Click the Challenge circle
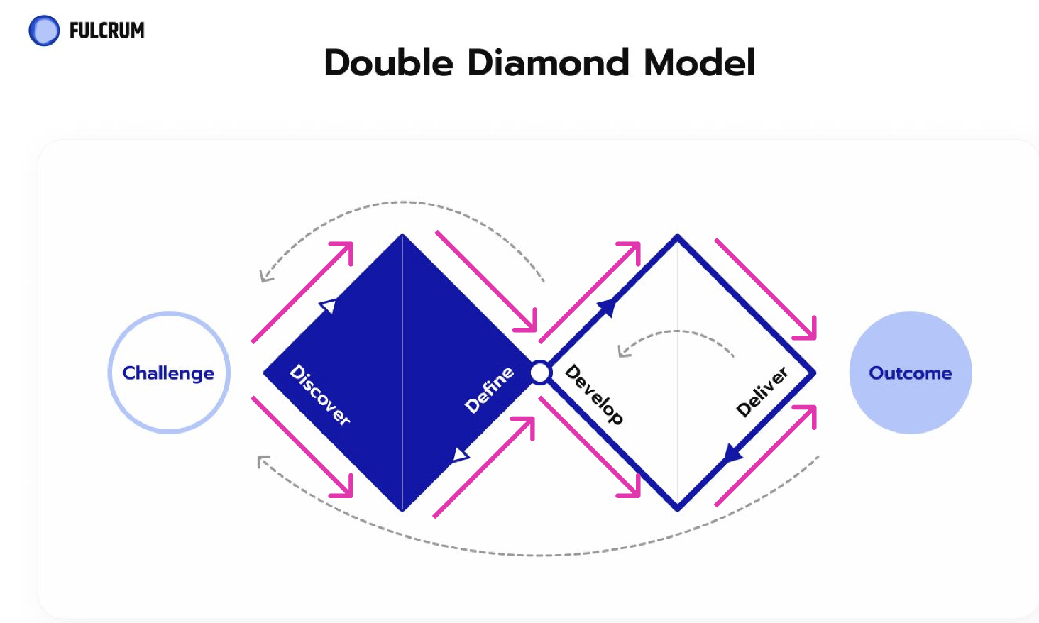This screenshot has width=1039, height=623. tap(169, 373)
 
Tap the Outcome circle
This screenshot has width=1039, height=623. tap(910, 373)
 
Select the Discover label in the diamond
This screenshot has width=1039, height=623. tap(320, 395)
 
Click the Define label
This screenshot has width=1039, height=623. tap(488, 390)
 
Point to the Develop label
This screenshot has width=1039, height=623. tap(593, 395)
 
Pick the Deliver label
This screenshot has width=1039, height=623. tap(762, 391)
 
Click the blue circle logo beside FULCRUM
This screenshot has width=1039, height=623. tap(44, 31)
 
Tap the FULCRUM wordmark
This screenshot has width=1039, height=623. tap(106, 31)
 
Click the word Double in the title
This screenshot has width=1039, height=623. tap(388, 62)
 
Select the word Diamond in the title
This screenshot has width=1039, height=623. tap(548, 62)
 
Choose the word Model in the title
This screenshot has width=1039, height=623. tap(699, 62)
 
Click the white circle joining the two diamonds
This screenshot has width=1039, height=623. tap(540, 373)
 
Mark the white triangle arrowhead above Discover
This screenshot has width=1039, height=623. tap(328, 306)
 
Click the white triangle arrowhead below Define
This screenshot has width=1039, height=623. tap(461, 454)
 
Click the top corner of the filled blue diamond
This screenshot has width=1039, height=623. tap(402, 236)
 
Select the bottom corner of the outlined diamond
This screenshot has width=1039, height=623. tap(678, 508)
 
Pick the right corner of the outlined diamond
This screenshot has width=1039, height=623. tap(813, 373)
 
